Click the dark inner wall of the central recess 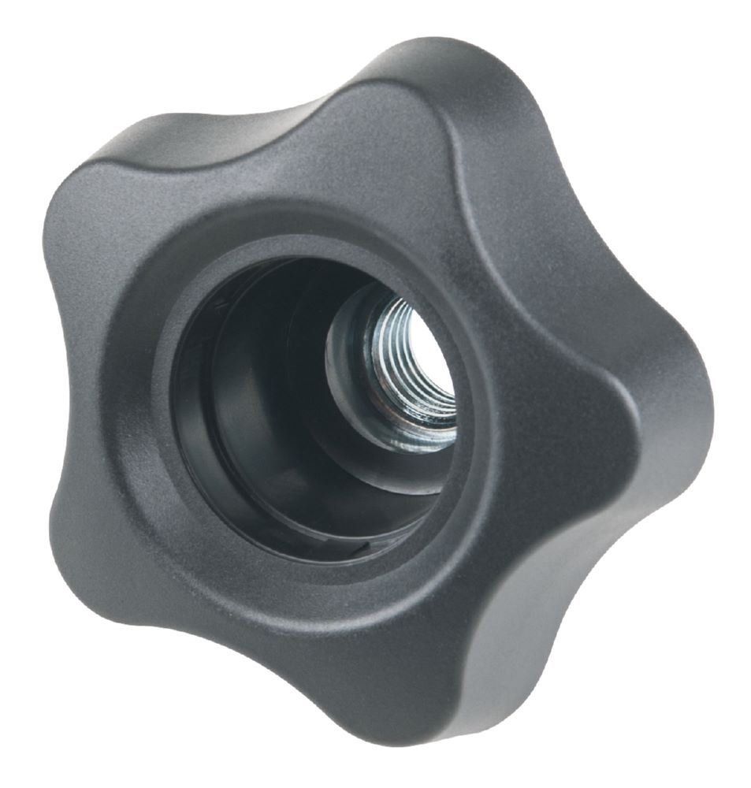point(236,410)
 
